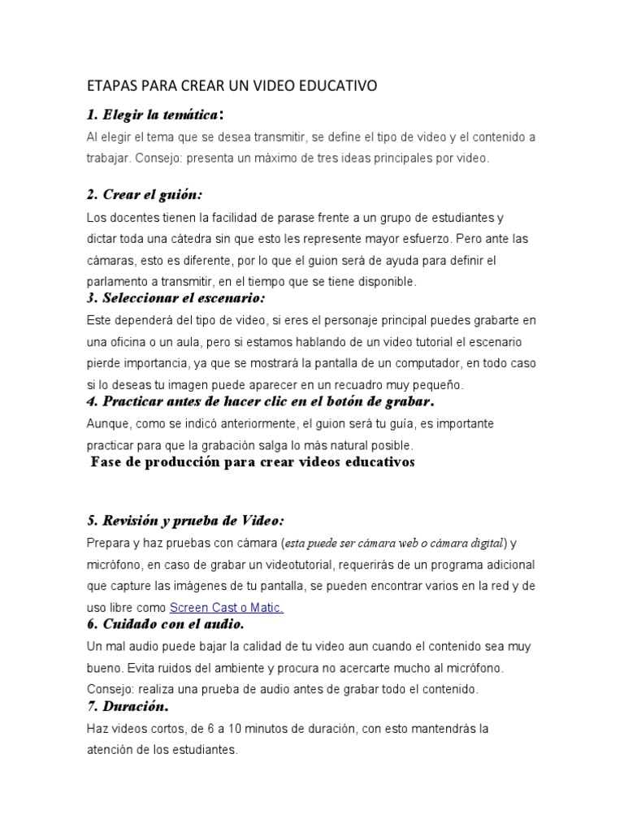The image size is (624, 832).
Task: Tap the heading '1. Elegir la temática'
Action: tap(155, 115)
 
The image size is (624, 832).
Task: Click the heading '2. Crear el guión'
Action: tap(144, 195)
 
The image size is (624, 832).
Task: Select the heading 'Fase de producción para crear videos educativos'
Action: tap(253, 462)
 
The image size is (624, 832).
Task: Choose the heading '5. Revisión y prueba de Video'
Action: tap(184, 520)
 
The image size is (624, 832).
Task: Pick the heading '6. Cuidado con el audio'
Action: tap(164, 624)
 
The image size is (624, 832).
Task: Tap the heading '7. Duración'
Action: tap(127, 707)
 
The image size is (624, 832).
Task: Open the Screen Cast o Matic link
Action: tap(226, 607)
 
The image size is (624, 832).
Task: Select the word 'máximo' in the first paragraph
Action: tap(292, 158)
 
